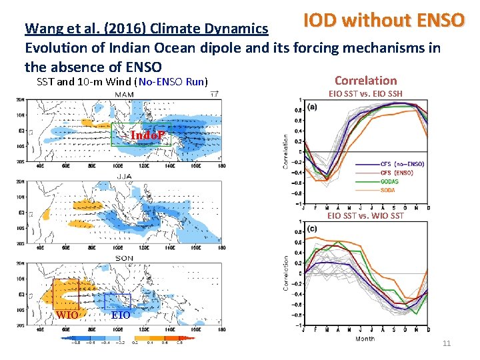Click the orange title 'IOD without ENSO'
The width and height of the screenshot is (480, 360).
click(x=383, y=19)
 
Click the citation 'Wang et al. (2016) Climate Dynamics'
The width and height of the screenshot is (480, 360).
click(x=147, y=29)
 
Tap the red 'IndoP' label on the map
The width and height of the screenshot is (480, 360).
click(x=149, y=136)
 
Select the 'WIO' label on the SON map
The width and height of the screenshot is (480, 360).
click(x=67, y=315)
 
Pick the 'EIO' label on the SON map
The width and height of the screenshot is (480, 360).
click(x=121, y=315)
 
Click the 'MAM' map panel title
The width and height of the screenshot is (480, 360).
click(x=124, y=95)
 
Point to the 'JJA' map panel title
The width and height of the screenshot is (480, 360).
click(x=124, y=177)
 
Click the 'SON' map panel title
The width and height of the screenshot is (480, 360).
click(x=124, y=258)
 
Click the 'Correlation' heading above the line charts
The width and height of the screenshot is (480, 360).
click(x=365, y=81)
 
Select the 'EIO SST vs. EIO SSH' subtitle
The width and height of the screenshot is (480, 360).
click(x=365, y=93)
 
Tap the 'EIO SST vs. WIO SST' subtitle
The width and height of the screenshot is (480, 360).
click(x=365, y=215)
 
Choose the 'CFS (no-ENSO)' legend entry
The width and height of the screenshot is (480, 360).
click(x=402, y=164)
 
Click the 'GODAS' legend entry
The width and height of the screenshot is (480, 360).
click(x=389, y=181)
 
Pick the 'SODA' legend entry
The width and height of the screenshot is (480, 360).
click(x=387, y=190)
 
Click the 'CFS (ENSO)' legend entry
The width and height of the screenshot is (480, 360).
click(x=397, y=173)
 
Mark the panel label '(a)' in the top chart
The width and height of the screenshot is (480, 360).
click(x=313, y=107)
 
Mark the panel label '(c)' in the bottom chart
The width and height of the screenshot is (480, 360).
click(x=313, y=229)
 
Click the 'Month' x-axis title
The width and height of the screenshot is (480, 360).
click(x=365, y=339)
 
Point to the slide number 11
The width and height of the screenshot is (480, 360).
click(x=447, y=343)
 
